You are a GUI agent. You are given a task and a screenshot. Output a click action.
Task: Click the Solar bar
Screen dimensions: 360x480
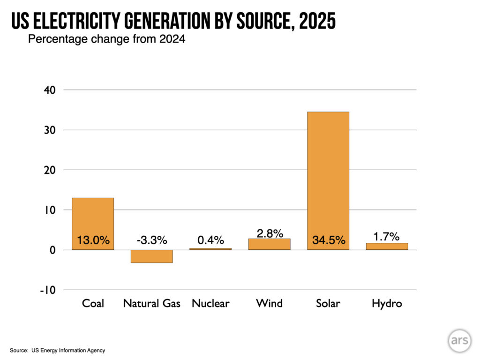328,178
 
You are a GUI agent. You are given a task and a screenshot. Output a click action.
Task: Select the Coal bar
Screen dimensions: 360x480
92,220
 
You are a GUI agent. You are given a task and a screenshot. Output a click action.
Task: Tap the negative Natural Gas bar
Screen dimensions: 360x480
151,256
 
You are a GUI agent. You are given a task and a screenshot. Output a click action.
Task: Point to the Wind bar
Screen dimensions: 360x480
269,244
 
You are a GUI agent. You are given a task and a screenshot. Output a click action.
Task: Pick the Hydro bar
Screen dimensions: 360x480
387,246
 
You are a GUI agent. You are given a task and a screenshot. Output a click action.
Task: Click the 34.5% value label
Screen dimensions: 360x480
329,241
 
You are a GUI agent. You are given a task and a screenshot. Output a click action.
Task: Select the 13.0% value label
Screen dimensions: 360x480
93,241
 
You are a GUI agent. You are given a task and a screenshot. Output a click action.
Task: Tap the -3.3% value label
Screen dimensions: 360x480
151,240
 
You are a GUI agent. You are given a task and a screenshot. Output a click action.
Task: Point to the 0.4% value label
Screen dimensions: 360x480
210,240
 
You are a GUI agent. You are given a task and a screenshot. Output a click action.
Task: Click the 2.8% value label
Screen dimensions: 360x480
270,233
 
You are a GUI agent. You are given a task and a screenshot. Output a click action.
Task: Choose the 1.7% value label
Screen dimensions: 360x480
387,236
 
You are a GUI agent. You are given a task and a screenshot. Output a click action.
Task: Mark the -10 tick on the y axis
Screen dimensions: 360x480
48,290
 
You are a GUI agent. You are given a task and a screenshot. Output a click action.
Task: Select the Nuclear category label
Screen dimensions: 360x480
210,303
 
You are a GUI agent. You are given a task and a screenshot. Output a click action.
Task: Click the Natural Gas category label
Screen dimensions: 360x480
151,303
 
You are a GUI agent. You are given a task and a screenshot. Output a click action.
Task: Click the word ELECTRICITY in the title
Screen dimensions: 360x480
82,22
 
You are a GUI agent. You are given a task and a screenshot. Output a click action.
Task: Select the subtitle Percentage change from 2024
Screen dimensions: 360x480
107,39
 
